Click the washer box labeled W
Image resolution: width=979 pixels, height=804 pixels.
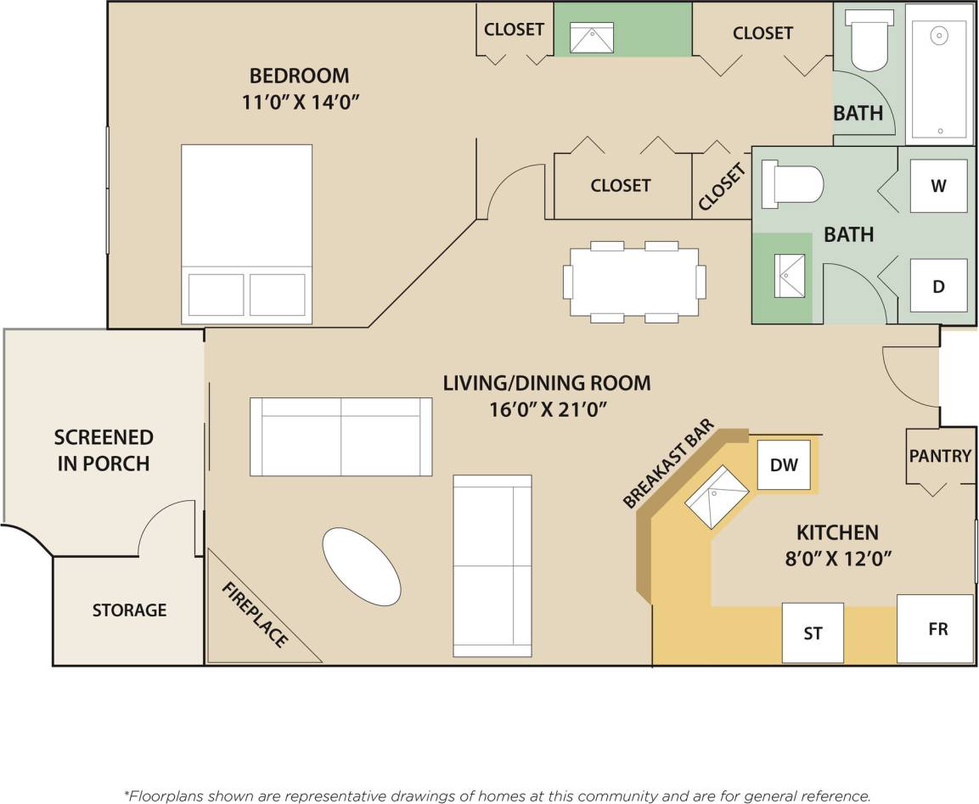coord(938,186)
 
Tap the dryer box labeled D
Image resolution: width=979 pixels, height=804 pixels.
coord(938,286)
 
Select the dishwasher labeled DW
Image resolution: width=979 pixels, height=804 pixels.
coord(784,464)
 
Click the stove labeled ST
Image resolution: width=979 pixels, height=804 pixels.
coord(813,633)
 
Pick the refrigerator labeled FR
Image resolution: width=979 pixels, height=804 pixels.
coord(937,629)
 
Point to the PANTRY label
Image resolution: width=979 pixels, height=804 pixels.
coord(940,456)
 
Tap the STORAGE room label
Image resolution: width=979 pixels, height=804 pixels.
coord(129,610)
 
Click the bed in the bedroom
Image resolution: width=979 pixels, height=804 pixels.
coord(246,234)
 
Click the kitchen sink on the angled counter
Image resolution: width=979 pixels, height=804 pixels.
coord(717,497)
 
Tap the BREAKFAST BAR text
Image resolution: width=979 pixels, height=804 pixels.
coord(669,466)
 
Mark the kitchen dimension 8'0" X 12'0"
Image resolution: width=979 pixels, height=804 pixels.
coord(836,559)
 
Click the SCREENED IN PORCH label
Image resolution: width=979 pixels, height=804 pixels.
coord(104,450)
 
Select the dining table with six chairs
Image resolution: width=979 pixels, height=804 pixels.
coord(634,281)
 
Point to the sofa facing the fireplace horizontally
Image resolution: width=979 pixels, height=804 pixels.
coord(340,436)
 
